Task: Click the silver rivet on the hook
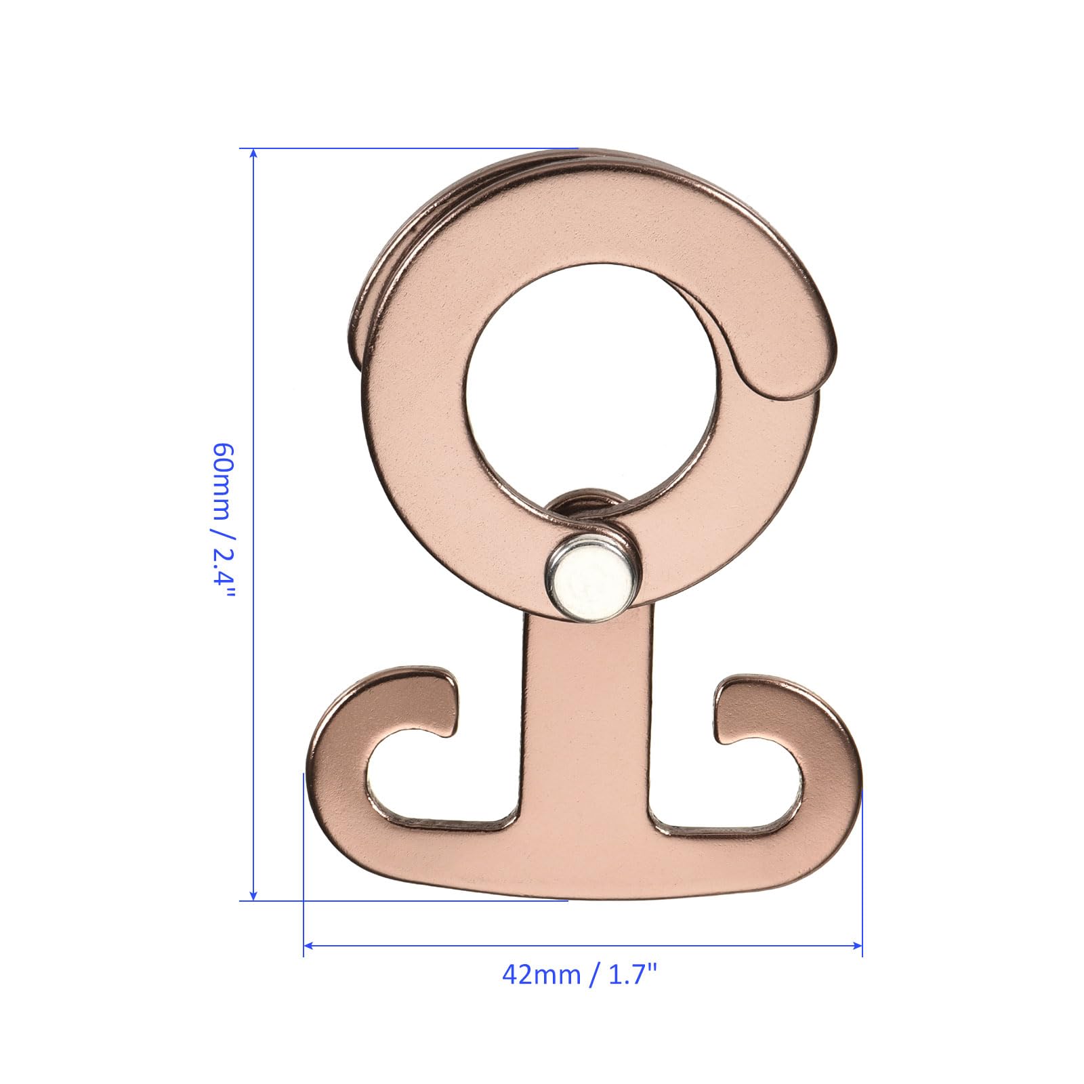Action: [x=591, y=583]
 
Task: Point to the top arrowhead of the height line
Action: [x=253, y=154]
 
